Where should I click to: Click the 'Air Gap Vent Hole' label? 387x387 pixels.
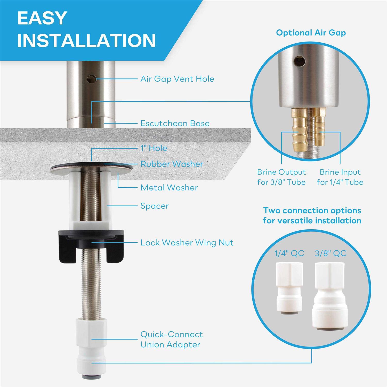pyautogui.click(x=177, y=79)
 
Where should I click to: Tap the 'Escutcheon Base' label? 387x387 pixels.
pyautogui.click(x=175, y=123)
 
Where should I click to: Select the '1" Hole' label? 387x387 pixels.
pyautogui.click(x=154, y=148)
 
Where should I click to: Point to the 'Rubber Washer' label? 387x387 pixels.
pyautogui.click(x=172, y=164)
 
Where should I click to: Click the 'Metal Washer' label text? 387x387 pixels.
pyautogui.click(x=169, y=188)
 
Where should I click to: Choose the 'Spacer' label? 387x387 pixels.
pyautogui.click(x=154, y=206)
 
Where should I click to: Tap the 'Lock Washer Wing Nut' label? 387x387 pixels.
pyautogui.click(x=187, y=243)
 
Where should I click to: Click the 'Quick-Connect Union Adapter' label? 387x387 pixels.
pyautogui.click(x=171, y=339)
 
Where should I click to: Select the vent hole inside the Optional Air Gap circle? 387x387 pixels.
pyautogui.click(x=301, y=61)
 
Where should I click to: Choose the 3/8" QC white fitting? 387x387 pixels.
pyautogui.click(x=330, y=295)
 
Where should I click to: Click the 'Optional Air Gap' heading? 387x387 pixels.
pyautogui.click(x=311, y=33)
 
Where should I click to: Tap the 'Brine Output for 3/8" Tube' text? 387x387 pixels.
pyautogui.click(x=281, y=177)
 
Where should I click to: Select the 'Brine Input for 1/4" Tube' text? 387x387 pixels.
pyautogui.click(x=340, y=177)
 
